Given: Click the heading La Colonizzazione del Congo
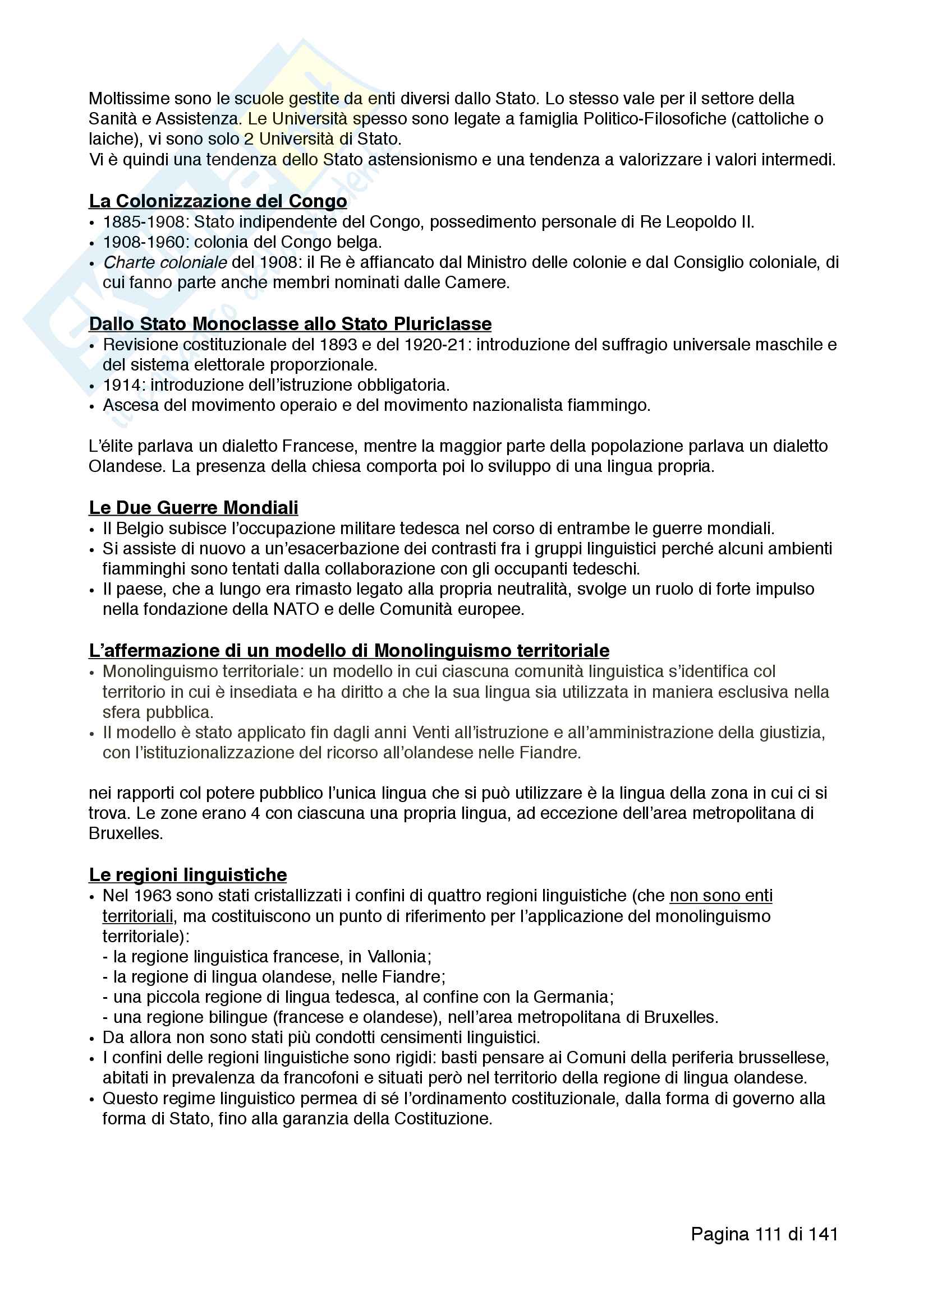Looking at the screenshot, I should (x=218, y=201).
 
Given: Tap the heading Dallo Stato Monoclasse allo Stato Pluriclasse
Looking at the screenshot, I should (x=290, y=324).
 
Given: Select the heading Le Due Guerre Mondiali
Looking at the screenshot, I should (x=194, y=508).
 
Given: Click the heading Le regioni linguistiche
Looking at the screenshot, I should (x=188, y=875).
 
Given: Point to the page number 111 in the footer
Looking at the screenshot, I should (x=769, y=1234).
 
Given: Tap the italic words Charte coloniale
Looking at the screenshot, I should (x=165, y=263).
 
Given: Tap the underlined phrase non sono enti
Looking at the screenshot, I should (x=720, y=895).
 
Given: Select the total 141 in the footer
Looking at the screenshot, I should (x=824, y=1234).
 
